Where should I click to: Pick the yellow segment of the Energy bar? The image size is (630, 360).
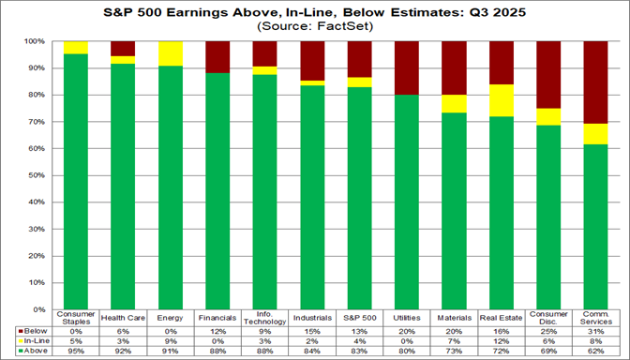click(172, 53)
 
